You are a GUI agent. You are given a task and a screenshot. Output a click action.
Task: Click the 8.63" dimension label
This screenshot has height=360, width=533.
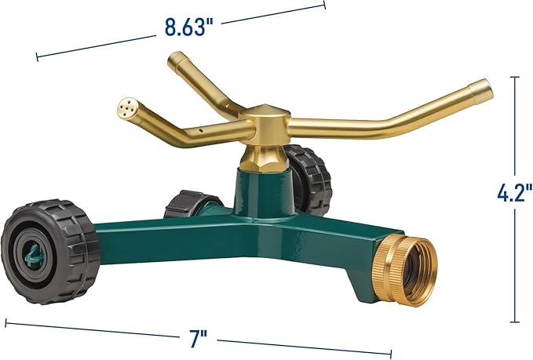(x=189, y=27)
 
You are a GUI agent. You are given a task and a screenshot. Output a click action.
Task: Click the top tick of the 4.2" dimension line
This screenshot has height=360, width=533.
(x=515, y=77)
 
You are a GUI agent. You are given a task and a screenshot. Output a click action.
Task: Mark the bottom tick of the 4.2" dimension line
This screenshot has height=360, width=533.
(x=515, y=322)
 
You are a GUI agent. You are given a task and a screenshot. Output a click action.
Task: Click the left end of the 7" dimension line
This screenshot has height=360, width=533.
(x=6, y=322)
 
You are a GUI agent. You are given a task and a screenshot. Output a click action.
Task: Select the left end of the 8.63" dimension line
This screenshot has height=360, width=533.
(x=37, y=56)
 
